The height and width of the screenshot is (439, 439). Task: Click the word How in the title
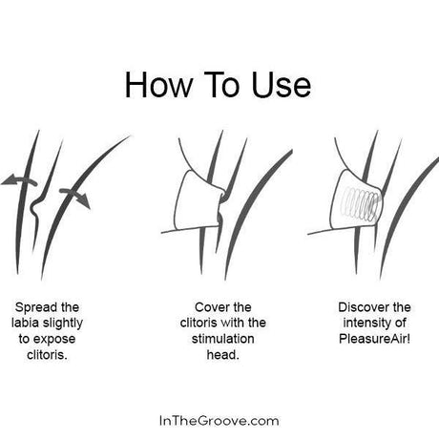(x=158, y=85)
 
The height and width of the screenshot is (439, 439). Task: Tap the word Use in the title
(x=281, y=85)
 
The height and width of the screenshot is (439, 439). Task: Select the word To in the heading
(x=221, y=85)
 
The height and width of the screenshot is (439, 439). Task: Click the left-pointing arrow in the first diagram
(x=19, y=179)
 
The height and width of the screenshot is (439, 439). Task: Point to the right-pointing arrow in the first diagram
(x=75, y=198)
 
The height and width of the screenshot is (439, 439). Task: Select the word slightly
(x=63, y=324)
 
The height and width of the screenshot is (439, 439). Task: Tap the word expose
(x=54, y=340)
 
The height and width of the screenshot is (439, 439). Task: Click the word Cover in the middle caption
(x=211, y=307)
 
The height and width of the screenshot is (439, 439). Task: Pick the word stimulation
(x=222, y=339)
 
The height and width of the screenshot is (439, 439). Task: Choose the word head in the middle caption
(x=221, y=355)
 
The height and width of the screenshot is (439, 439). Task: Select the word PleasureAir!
(x=374, y=339)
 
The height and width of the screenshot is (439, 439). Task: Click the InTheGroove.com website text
(x=219, y=421)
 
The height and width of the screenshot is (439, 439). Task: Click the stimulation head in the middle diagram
(x=198, y=200)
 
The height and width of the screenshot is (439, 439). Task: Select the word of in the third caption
(x=401, y=324)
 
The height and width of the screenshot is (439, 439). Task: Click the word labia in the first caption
(x=26, y=324)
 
